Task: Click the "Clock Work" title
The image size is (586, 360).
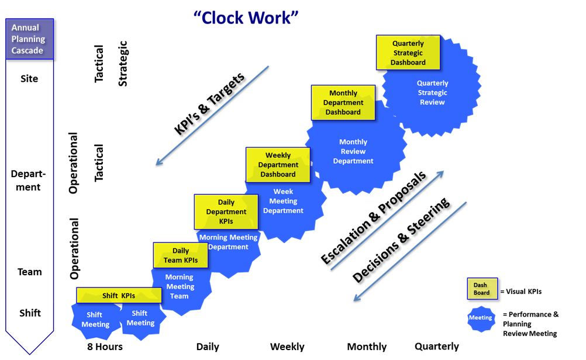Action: tap(246, 18)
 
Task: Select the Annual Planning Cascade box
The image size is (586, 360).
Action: tap(29, 39)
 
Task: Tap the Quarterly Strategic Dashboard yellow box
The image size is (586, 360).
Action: tap(408, 53)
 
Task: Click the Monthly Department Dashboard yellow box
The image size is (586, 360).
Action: tap(343, 102)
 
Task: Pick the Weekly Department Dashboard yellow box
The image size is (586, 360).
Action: tap(278, 165)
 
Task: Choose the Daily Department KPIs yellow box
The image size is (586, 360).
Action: tap(226, 212)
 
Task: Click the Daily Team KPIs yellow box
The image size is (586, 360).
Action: tap(181, 255)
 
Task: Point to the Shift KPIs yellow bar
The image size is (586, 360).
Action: tap(119, 296)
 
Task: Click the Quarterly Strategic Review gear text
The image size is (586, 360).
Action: tap(432, 93)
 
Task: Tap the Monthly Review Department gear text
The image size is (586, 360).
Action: tap(353, 151)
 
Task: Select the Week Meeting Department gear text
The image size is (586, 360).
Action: tap(283, 201)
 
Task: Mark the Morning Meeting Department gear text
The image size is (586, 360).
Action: tap(228, 242)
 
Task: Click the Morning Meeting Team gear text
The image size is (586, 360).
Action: tap(180, 286)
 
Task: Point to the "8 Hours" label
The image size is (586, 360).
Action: tap(105, 347)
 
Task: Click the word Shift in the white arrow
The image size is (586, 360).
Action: tap(30, 313)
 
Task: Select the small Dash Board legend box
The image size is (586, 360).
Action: tap(482, 289)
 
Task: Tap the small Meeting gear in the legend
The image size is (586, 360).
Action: tap(481, 318)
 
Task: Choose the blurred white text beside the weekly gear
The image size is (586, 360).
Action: tap(389, 206)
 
